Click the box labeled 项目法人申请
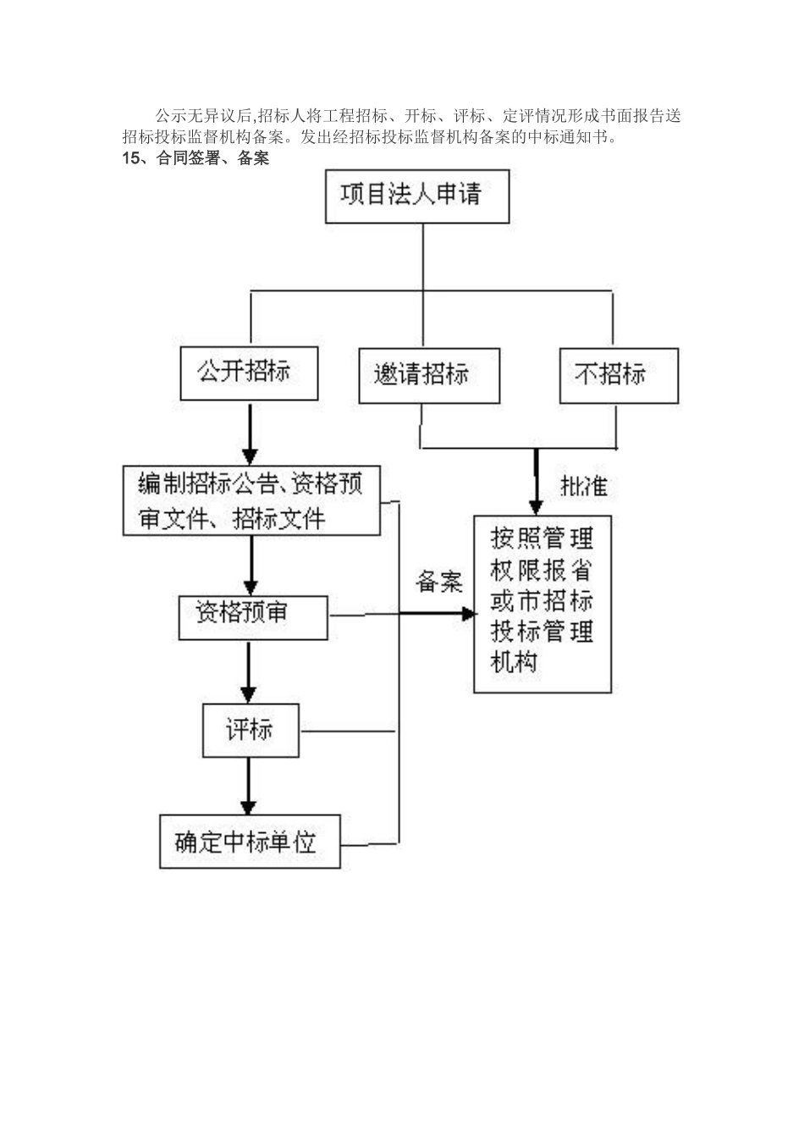coord(417,196)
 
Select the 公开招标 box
coord(249,373)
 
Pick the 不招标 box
coord(619,375)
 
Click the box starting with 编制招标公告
coord(251,500)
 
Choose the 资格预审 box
coord(252,617)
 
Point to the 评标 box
coord(250,730)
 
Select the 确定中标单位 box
coord(250,842)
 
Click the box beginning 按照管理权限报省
coord(542,604)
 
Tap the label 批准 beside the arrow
coord(583,486)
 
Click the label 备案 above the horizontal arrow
coord(439,582)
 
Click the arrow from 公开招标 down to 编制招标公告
coord(250,433)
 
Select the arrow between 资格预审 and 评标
coord(248,671)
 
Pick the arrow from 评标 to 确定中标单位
coord(248,786)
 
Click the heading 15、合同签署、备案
coord(195,158)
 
